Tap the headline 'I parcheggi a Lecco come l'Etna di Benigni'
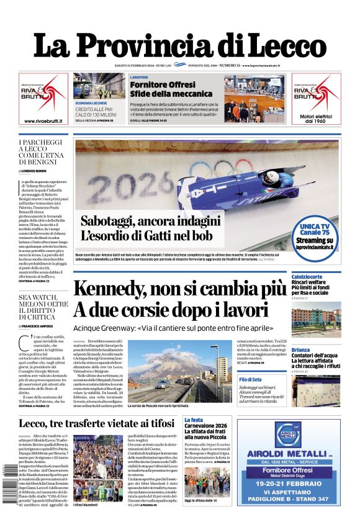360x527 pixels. point(43,153)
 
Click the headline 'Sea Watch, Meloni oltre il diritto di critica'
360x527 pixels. point(43,311)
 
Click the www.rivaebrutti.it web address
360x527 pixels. point(43,121)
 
